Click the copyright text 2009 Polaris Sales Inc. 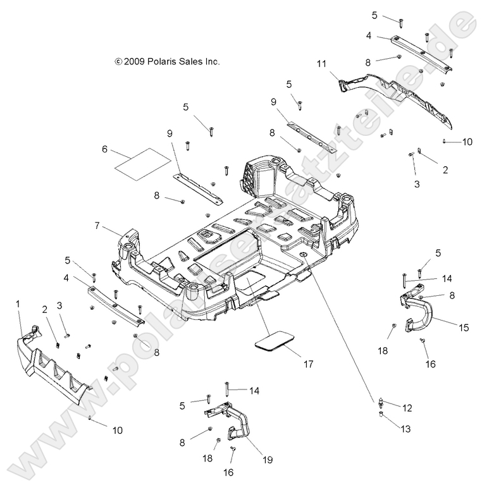pyautogui.click(x=167, y=62)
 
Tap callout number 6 pyautogui.click(x=104, y=149)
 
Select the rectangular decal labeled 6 pyautogui.click(x=143, y=161)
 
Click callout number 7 pyautogui.click(x=97, y=226)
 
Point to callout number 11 pyautogui.click(x=321, y=63)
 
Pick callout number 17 pyautogui.click(x=309, y=364)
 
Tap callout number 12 pyautogui.click(x=407, y=407)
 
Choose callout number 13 pyautogui.click(x=405, y=429)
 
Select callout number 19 pyautogui.click(x=268, y=460)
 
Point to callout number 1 pyautogui.click(x=18, y=304)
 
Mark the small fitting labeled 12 pyautogui.click(x=383, y=402)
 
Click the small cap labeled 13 pyautogui.click(x=383, y=415)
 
